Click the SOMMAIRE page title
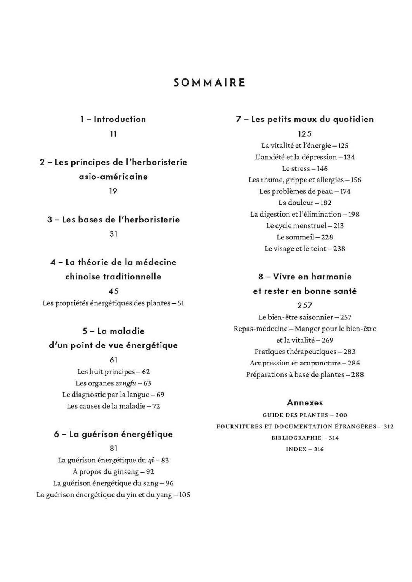tap(209, 83)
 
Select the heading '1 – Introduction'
tap(113, 119)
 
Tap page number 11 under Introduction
tap(113, 134)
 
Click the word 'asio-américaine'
tap(113, 177)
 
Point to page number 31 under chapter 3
tap(113, 234)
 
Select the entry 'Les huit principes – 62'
tap(113, 372)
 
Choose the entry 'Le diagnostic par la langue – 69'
tap(113, 395)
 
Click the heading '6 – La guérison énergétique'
tap(113, 434)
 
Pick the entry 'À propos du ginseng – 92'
tap(113, 472)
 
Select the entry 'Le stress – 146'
tap(305, 168)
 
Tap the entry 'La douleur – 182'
tap(305, 203)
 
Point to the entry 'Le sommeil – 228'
tap(305, 237)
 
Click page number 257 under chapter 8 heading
tap(305, 305)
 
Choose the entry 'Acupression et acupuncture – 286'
tap(305, 363)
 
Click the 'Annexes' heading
tap(305, 403)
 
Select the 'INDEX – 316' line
tap(305, 449)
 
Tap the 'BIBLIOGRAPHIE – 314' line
tap(305, 438)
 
